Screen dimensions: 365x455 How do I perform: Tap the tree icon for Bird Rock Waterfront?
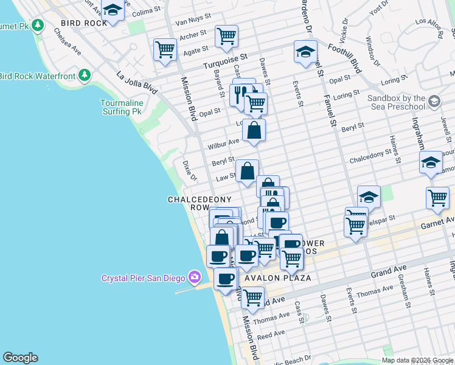(x=85, y=75)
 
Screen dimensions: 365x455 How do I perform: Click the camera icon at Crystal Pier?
(x=195, y=278)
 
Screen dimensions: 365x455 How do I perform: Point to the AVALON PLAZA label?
(x=277, y=278)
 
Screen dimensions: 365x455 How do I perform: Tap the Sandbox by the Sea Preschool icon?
(x=434, y=100)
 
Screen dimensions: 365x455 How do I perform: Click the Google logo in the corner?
(x=20, y=358)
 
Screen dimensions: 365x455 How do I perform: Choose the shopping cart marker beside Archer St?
(x=226, y=36)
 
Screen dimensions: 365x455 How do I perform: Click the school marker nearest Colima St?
(x=112, y=10)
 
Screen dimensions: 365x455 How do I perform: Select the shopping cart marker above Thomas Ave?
(x=252, y=297)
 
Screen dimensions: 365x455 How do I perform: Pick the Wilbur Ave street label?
(x=223, y=144)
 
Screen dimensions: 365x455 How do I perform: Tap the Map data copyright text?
(x=417, y=360)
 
